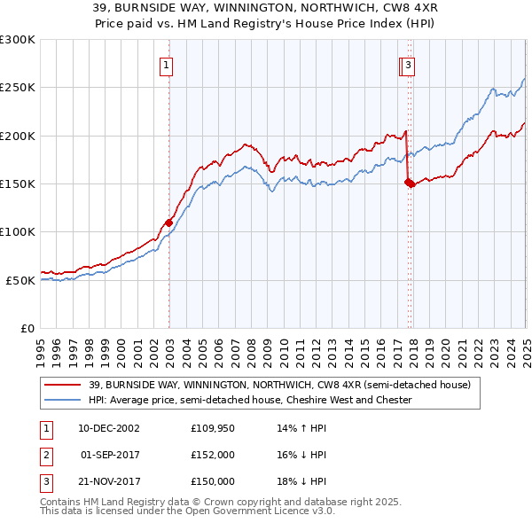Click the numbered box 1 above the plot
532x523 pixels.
[167, 64]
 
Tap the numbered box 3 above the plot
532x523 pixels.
[408, 64]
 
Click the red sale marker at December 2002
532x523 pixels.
[168, 222]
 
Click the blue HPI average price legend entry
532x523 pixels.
[250, 400]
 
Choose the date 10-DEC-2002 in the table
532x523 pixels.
[109, 428]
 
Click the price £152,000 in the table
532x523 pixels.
[213, 455]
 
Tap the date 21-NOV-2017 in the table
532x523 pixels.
[109, 481]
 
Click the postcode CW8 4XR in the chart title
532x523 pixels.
[391, 8]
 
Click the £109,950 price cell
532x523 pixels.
[213, 428]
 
